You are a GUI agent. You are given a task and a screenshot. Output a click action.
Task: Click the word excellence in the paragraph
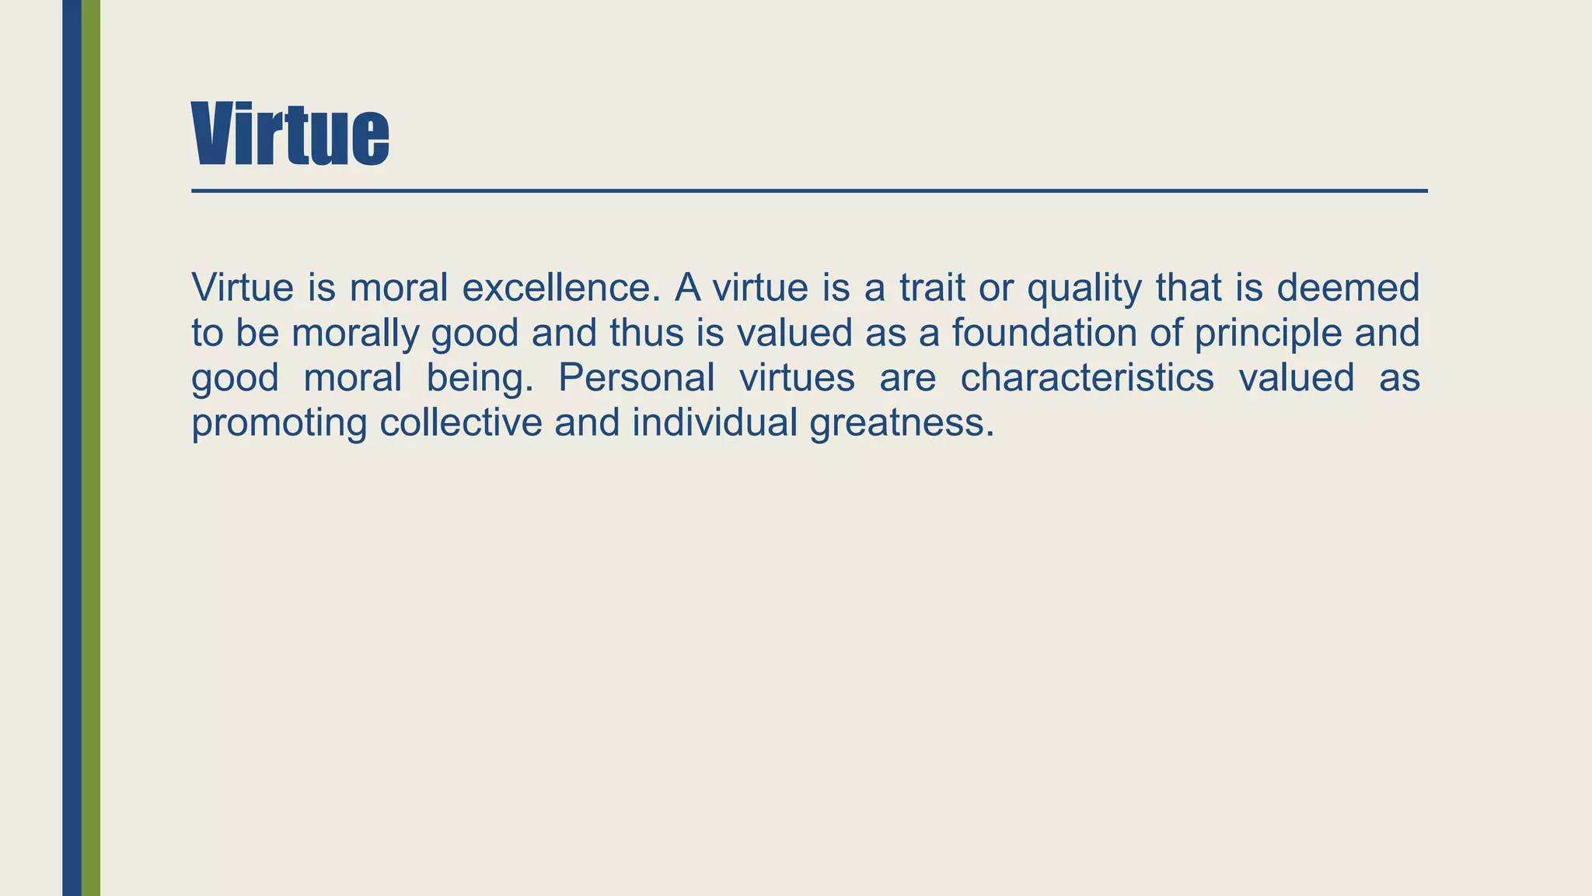[561, 288]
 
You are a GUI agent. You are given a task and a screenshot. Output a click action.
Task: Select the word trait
[932, 288]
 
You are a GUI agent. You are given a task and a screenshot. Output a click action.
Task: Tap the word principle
[1268, 334]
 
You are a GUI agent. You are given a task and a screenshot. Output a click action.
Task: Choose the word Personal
[636, 378]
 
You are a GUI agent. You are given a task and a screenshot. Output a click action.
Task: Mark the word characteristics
[1087, 378]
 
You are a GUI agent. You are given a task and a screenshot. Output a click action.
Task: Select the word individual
[714, 423]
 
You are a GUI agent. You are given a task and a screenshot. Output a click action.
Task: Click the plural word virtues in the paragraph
[797, 378]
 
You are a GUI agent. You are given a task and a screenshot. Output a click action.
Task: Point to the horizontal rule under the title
[808, 191]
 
